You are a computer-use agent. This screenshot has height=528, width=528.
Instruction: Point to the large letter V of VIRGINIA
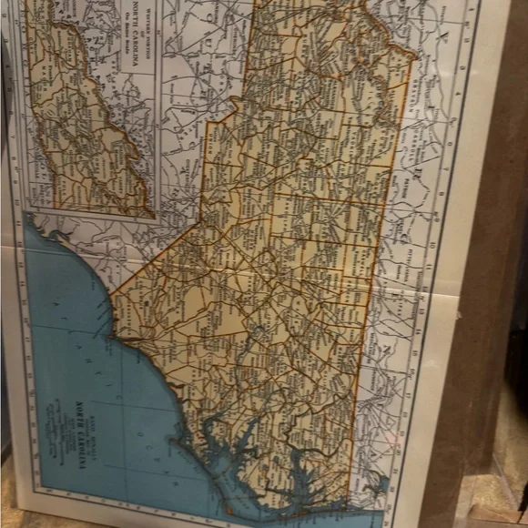pyautogui.click(x=443, y=36)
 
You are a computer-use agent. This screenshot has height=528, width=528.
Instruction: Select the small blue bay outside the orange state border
pyautogui.click(x=378, y=487)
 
